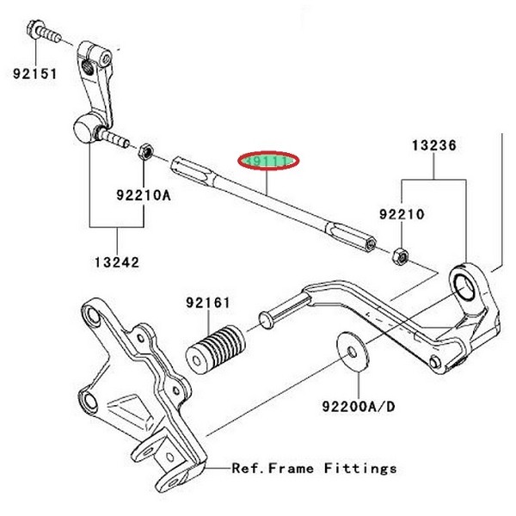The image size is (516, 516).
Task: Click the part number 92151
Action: (34, 74)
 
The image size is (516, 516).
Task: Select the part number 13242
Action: (118, 261)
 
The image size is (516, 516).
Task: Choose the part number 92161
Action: (207, 302)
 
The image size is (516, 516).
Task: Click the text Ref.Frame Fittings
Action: (314, 469)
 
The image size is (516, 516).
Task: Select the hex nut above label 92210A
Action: (147, 152)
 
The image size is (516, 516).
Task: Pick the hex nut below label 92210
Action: (399, 255)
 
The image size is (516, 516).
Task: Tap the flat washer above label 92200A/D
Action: (353, 351)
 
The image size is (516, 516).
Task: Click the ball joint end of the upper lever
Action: (83, 131)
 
